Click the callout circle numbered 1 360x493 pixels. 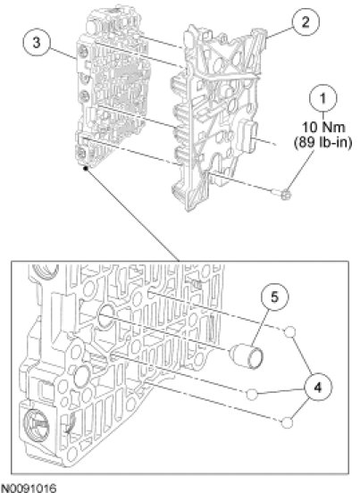point(322,98)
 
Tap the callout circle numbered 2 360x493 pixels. point(306,22)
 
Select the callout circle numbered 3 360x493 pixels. point(37,43)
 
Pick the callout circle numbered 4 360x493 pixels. point(317,388)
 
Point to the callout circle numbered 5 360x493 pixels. point(274,297)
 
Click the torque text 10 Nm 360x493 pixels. point(323,128)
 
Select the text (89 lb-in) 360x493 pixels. point(322,142)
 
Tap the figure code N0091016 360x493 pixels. point(29,487)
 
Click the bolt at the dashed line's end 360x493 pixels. point(283,195)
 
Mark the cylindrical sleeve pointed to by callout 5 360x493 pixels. point(247,356)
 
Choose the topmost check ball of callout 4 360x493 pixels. point(290,331)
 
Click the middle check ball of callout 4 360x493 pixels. point(252,394)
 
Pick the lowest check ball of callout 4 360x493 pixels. point(287,422)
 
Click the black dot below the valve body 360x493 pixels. point(85,169)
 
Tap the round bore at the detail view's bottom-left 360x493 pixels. point(36,424)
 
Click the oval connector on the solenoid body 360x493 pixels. point(248,135)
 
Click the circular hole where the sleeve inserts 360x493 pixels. point(106,316)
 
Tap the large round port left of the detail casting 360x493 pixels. point(82,376)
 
